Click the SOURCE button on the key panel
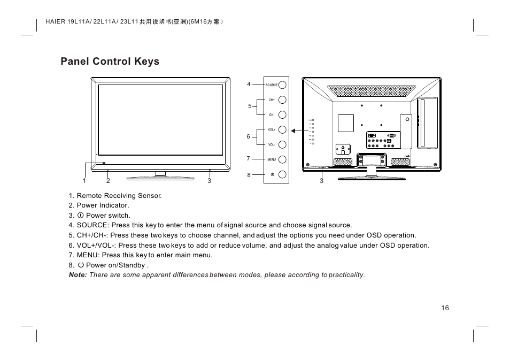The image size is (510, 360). pyautogui.click(x=282, y=85)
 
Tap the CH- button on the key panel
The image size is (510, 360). pyautogui.click(x=282, y=114)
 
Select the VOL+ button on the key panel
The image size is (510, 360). pyautogui.click(x=282, y=129)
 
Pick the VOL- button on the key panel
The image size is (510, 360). pyautogui.click(x=282, y=144)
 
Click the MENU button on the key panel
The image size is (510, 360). pyautogui.click(x=282, y=159)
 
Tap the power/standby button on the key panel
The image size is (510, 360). pyautogui.click(x=282, y=174)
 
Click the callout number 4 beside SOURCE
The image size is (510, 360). pyautogui.click(x=249, y=85)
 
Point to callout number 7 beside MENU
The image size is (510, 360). pyautogui.click(x=249, y=159)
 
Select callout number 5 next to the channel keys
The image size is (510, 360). pyautogui.click(x=249, y=106)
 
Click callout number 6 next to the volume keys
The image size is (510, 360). pyautogui.click(x=249, y=137)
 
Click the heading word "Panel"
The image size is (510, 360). pyautogui.click(x=75, y=62)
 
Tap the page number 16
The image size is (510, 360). pyautogui.click(x=445, y=308)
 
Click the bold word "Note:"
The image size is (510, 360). pyautogui.click(x=78, y=275)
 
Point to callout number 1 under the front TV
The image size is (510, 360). pyautogui.click(x=84, y=181)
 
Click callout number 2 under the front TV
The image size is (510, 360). pyautogui.click(x=108, y=181)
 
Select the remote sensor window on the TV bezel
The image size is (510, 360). pyautogui.click(x=104, y=163)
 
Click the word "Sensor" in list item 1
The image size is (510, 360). pyautogui.click(x=150, y=196)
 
